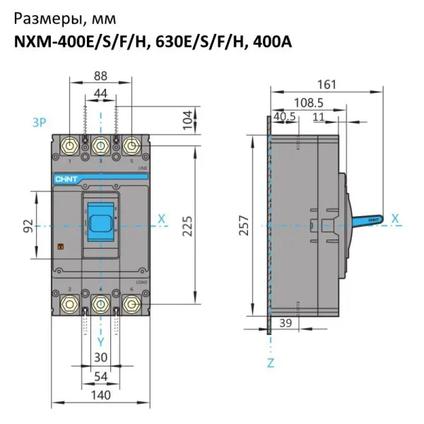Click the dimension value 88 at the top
pos(101,76)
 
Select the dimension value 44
pos(101,93)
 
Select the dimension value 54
pos(101,377)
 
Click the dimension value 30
pos(101,358)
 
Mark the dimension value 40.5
pos(284,117)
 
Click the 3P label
pos(40,123)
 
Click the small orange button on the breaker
pos(61,247)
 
